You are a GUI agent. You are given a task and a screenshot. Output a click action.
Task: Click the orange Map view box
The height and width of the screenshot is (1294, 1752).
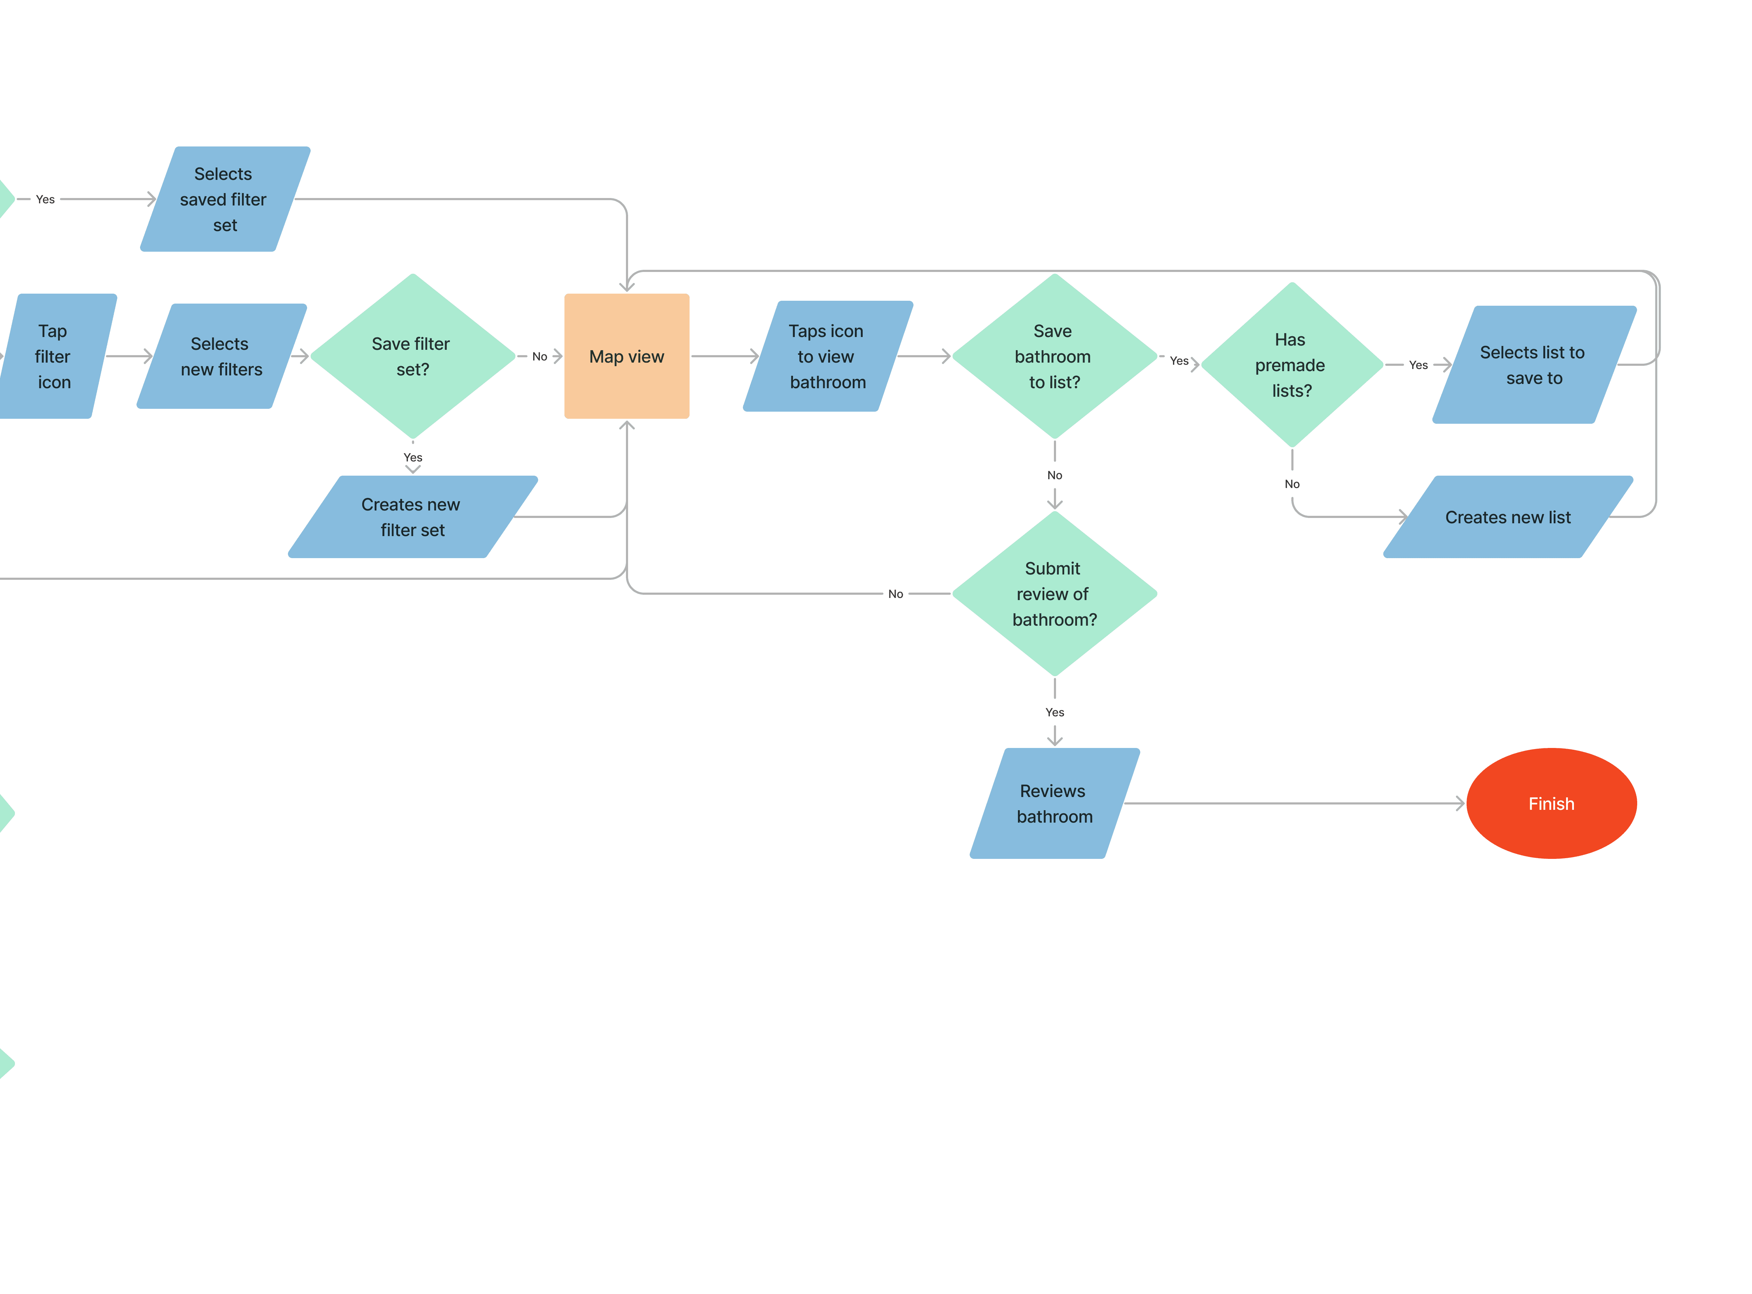coord(627,357)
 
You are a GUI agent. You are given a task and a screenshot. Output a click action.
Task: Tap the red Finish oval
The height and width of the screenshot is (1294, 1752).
coord(1552,804)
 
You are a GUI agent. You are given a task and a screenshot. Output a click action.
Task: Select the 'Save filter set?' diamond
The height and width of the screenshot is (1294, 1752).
coord(413,357)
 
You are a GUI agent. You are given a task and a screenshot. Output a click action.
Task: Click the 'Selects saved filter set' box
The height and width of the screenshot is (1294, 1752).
coord(225,199)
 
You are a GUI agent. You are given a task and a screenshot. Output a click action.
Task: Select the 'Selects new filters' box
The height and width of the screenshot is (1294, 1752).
coord(222,357)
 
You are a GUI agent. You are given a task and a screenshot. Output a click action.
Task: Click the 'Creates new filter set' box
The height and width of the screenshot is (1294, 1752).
coord(413,517)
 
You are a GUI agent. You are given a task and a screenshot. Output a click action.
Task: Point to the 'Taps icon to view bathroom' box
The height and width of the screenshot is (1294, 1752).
coord(828,357)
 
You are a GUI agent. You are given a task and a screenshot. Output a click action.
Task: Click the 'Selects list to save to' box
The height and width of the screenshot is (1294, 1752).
coord(1534,365)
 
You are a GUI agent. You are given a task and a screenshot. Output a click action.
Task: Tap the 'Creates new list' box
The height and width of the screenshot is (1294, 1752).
coord(1509,517)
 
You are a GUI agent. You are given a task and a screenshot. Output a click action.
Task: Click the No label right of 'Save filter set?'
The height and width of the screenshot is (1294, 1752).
coord(540,357)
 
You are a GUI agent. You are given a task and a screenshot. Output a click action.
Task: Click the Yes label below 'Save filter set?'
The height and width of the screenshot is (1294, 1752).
coord(413,458)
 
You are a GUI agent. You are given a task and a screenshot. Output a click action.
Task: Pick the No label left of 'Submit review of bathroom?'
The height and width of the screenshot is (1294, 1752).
coord(895,594)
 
